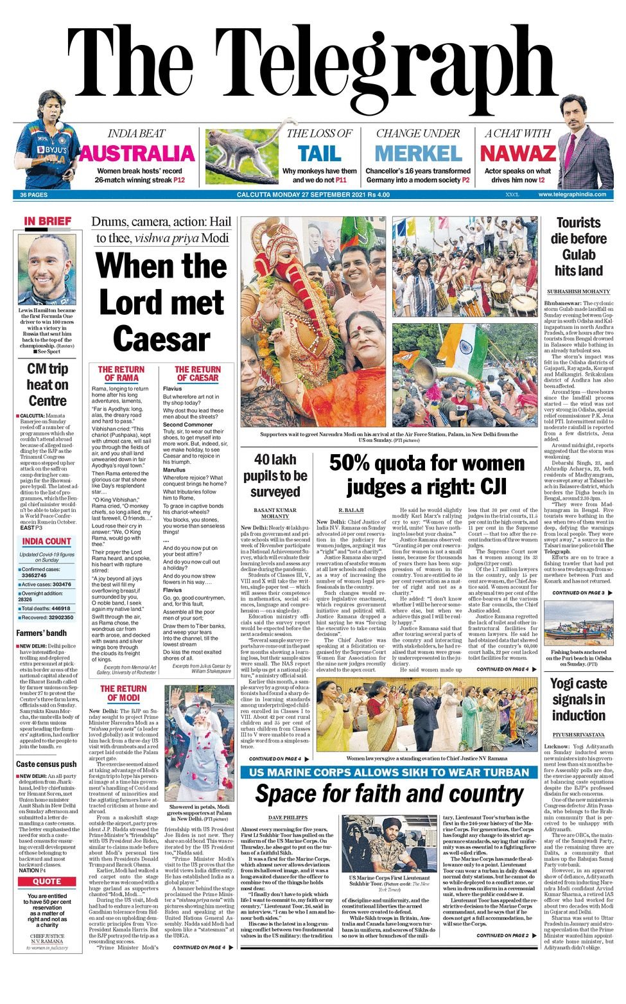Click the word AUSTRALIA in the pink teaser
click(137, 153)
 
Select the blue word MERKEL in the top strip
click(418, 154)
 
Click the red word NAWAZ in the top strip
click(517, 154)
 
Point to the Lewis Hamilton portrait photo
click(47, 269)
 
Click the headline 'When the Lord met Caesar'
click(161, 302)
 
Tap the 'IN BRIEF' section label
click(48, 222)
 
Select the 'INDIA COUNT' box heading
click(47, 542)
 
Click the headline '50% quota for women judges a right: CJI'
click(427, 475)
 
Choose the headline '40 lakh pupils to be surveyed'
click(275, 475)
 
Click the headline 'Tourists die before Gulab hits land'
click(578, 247)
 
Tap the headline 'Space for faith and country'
click(389, 794)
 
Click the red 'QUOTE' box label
click(47, 881)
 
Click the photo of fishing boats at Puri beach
click(578, 623)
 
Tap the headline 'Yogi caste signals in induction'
click(578, 700)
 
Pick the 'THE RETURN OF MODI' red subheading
click(123, 693)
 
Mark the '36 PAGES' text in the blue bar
click(33, 195)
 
